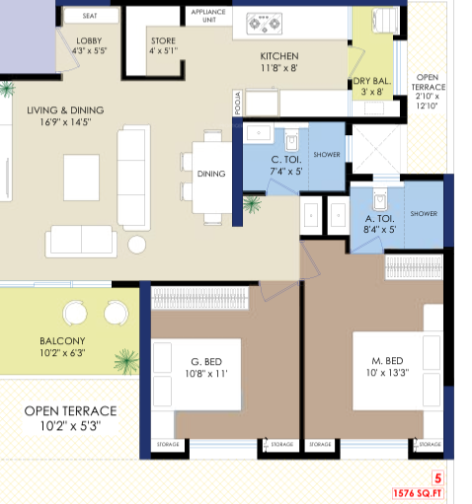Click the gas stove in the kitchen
click(265, 24)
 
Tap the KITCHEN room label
click(279, 56)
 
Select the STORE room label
click(163, 40)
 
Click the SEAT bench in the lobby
click(91, 16)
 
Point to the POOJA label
click(238, 103)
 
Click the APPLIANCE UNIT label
click(208, 16)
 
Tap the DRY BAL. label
click(372, 81)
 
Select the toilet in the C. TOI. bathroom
click(291, 140)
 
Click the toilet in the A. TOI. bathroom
click(380, 199)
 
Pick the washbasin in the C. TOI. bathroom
click(259, 133)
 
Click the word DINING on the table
click(211, 174)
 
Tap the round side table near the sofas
click(136, 245)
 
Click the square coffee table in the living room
click(81, 178)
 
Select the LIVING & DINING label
click(65, 110)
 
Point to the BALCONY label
click(62, 341)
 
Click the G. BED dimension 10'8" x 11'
click(206, 374)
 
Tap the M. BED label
click(387, 361)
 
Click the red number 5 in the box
click(437, 478)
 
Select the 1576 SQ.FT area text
click(418, 493)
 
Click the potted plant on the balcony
click(126, 361)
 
